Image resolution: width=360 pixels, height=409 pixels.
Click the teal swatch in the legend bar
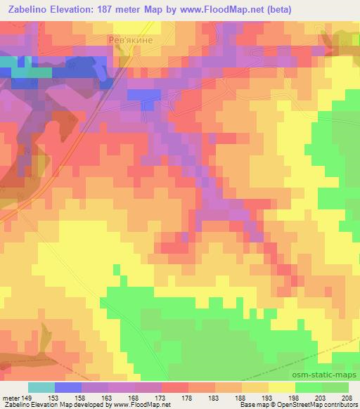tap(41, 388)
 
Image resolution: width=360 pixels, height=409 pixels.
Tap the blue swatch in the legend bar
tap(68, 388)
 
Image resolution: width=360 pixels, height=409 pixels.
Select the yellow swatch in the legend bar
tap(282, 388)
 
